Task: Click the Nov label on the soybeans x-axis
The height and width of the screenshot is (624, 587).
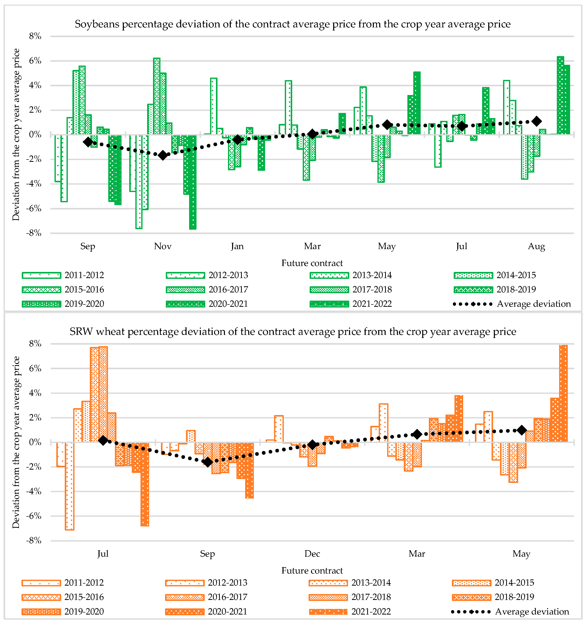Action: pos(162,246)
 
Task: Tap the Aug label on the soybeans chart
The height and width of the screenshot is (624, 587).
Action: pos(536,246)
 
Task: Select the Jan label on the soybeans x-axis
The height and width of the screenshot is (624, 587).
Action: pos(237,246)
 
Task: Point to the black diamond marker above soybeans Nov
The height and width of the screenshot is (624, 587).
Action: pos(163,155)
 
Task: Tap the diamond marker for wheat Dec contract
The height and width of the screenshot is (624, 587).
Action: pos(312,445)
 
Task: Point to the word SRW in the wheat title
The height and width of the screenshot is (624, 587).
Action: pos(81,332)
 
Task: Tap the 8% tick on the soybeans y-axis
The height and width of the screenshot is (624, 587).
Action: pos(35,36)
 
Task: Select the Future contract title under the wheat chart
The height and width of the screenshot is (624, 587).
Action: pos(312,571)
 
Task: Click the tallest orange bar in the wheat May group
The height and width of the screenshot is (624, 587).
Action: pos(563,394)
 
